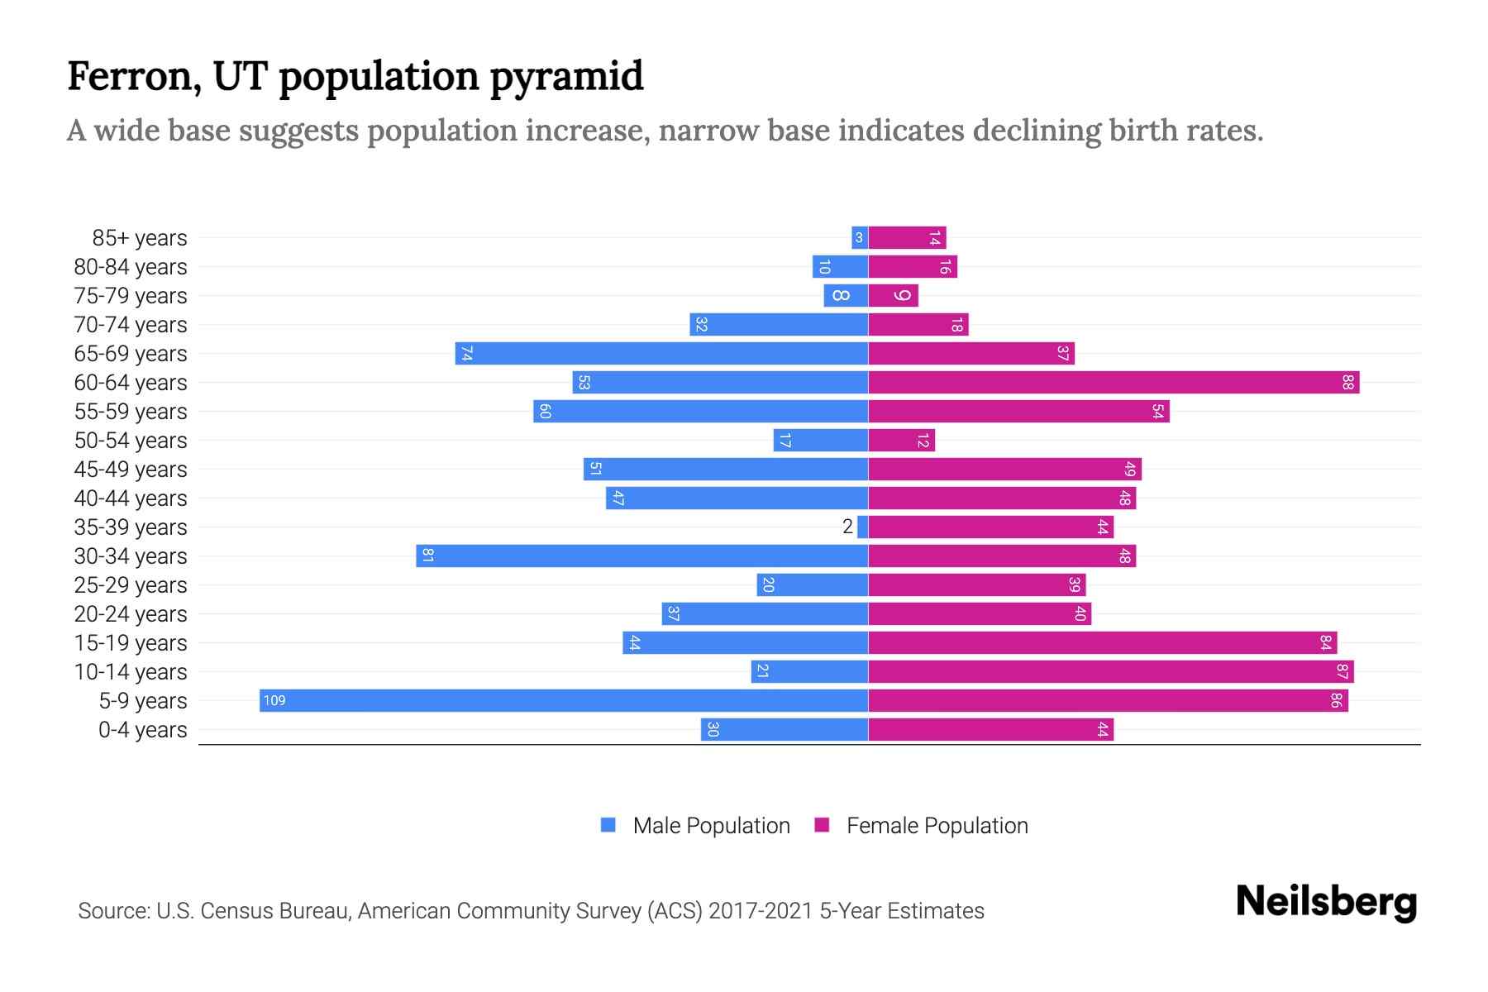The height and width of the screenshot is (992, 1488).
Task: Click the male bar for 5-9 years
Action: [562, 700]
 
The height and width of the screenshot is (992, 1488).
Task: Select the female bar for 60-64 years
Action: [1113, 382]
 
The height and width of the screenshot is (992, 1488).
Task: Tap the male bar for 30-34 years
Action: [641, 556]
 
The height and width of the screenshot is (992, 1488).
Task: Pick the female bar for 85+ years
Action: [906, 237]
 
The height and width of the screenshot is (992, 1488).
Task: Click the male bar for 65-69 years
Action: [661, 353]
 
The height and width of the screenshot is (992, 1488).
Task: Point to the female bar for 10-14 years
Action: [1110, 671]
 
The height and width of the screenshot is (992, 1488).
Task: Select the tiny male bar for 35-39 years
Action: [862, 527]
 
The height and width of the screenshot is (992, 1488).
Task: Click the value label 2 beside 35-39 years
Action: [847, 527]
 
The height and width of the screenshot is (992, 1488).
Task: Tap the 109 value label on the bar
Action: [274, 700]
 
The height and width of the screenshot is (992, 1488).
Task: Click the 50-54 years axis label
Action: [131, 440]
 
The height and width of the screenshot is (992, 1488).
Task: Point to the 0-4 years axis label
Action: [142, 729]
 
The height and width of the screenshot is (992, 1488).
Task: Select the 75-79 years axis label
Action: [131, 295]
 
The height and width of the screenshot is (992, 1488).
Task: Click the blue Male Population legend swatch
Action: [608, 825]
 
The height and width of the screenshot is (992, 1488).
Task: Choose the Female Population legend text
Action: [937, 825]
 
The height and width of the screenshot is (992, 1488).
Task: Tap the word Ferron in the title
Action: [133, 76]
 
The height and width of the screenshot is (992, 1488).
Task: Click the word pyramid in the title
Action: [566, 76]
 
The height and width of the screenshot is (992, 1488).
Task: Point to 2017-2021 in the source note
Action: [761, 910]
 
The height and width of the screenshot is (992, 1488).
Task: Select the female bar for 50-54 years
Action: [901, 440]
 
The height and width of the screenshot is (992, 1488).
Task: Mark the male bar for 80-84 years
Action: [840, 266]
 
